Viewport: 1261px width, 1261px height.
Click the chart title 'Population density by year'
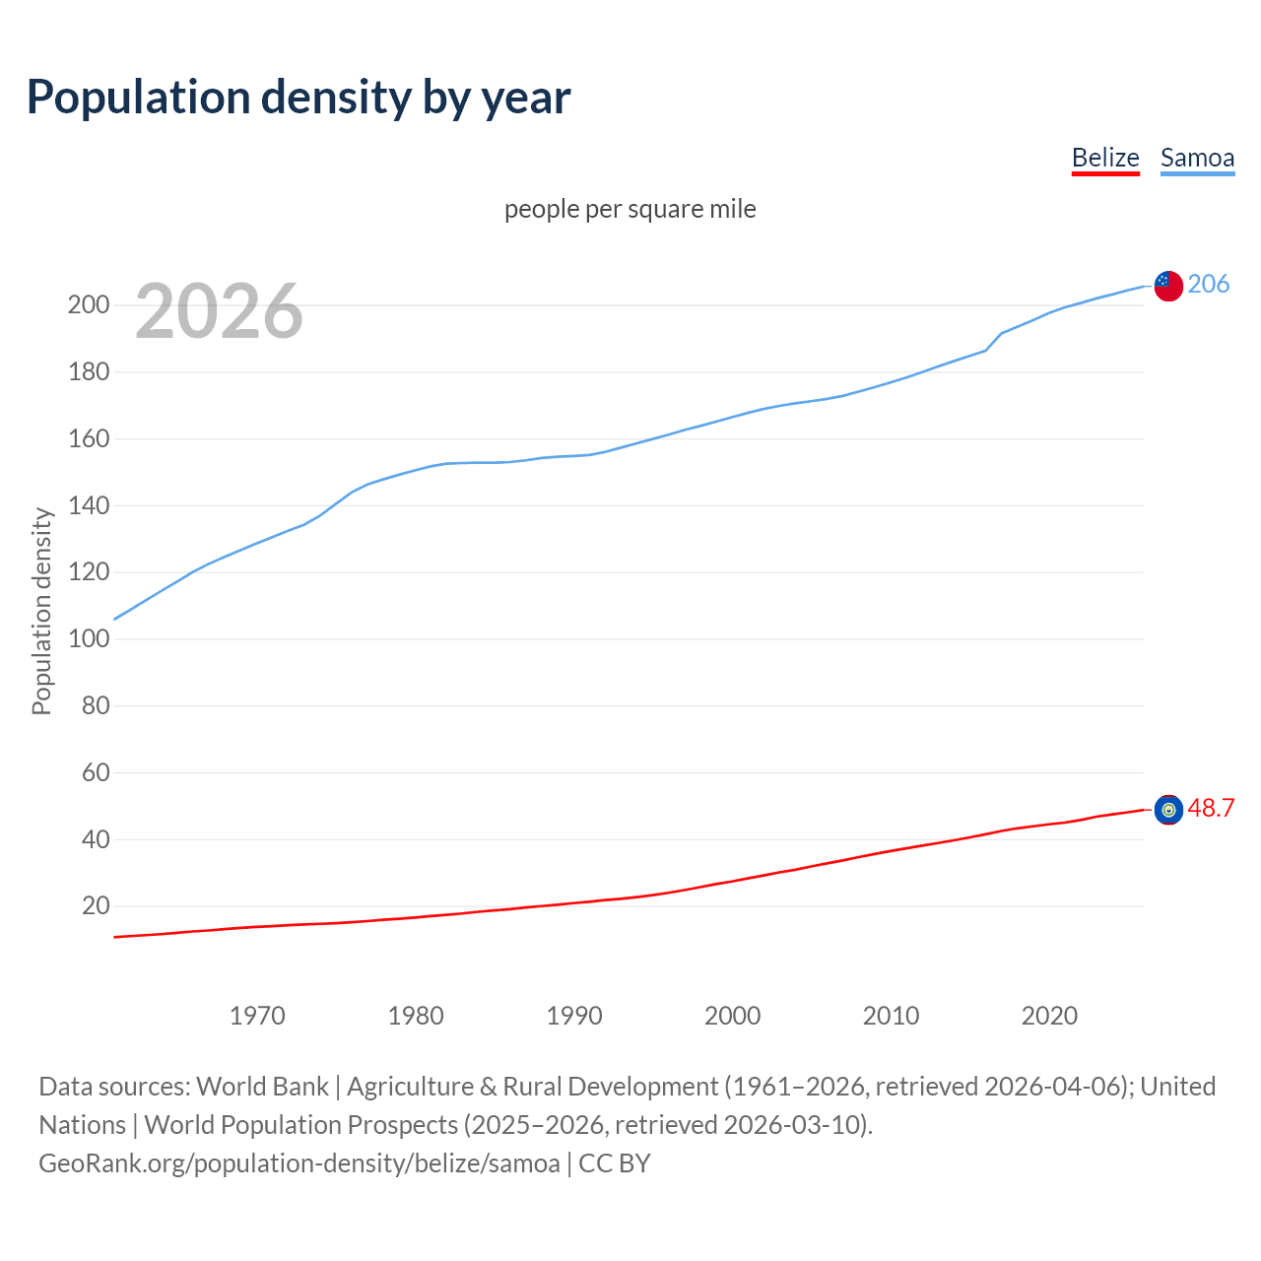coord(299,98)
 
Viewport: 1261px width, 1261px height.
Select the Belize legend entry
coord(1105,158)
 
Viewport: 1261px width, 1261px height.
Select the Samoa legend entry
coord(1197,158)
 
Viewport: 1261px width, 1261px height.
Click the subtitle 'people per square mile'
coord(630,209)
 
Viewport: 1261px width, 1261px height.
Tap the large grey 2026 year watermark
coord(219,311)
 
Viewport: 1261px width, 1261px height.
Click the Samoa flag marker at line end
coord(1168,286)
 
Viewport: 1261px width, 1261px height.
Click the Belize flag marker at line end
coord(1168,809)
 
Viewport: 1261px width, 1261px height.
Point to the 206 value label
coord(1208,284)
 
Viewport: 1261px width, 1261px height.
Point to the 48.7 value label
coord(1211,808)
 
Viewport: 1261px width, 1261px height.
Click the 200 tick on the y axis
coord(88,304)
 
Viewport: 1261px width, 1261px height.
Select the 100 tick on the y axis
coord(88,638)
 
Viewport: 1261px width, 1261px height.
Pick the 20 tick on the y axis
coord(95,905)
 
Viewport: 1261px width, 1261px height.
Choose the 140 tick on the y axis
coord(88,505)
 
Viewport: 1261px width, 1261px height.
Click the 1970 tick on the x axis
coord(257,1016)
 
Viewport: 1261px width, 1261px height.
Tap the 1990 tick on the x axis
coord(574,1016)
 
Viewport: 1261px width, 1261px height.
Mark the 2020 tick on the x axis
coord(1049,1016)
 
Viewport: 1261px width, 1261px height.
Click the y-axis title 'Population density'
coord(41,611)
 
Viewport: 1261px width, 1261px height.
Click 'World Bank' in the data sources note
coord(262,1087)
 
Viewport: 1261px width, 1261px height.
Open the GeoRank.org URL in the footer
coord(299,1163)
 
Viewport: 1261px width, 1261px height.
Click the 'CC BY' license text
coord(615,1163)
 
